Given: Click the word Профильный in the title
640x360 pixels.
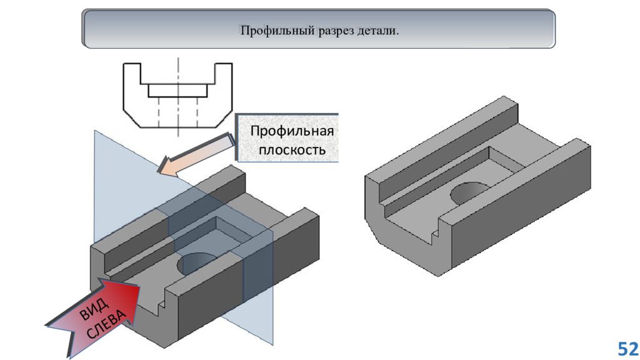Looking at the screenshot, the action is point(277,31).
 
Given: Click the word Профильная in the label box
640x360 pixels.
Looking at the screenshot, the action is point(292,131).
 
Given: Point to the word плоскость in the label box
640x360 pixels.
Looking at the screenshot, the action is point(292,150).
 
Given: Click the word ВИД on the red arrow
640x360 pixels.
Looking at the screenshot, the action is point(94,309).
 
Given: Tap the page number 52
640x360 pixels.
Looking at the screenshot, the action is point(627,349).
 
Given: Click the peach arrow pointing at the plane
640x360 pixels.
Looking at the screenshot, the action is point(195,155).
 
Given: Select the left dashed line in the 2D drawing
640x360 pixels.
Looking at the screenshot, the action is point(159,112).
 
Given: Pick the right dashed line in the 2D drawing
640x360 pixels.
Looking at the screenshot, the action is point(197,112).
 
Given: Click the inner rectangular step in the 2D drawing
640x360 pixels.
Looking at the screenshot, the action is point(178,91).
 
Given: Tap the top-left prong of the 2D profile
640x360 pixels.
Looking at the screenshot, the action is point(132,74).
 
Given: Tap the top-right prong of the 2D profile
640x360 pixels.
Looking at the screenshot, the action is point(224,74).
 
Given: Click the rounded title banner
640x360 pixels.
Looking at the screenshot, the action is point(318,29).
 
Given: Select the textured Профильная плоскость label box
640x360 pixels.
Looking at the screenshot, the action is point(287,138).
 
